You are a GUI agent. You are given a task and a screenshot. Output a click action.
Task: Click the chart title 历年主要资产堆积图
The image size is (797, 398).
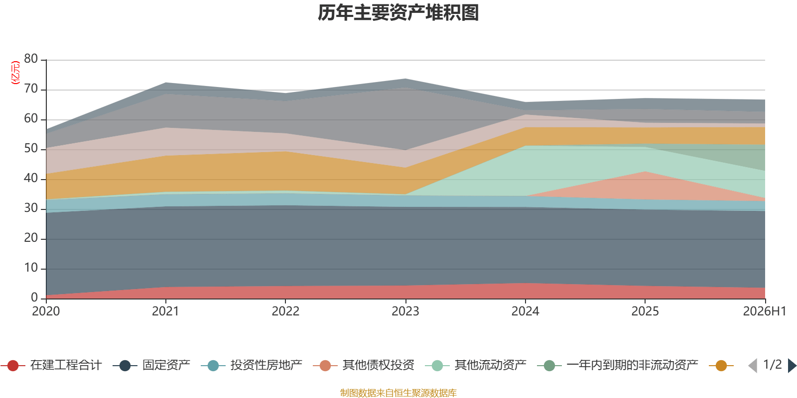(x=398, y=13)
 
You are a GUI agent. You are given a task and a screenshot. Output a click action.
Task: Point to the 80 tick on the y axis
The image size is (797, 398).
(x=31, y=59)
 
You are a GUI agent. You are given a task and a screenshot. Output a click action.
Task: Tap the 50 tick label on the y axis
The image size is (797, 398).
(x=31, y=148)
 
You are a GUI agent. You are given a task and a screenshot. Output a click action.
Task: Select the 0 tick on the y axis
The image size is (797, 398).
(x=34, y=298)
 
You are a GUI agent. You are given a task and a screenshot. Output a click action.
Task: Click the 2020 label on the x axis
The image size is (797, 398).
(x=46, y=311)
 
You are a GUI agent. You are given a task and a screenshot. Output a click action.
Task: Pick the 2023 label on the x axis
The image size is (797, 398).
(x=405, y=311)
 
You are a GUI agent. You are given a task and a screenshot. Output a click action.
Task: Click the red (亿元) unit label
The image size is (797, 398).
(x=15, y=73)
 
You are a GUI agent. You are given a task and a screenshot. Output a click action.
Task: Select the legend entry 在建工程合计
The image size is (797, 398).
(x=51, y=365)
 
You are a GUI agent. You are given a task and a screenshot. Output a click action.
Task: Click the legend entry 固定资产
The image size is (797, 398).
(x=151, y=365)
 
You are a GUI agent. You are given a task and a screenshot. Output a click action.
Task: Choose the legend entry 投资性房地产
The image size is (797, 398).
(x=252, y=365)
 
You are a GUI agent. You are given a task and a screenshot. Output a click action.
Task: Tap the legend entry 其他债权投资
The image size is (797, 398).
(x=364, y=365)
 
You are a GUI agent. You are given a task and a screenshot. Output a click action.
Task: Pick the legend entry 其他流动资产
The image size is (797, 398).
(x=476, y=365)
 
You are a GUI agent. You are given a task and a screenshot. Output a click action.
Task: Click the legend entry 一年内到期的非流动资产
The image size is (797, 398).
(x=618, y=365)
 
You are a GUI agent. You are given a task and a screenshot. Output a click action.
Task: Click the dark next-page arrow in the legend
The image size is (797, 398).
(x=792, y=365)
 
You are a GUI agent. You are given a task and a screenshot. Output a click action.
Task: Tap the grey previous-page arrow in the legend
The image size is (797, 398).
(x=753, y=365)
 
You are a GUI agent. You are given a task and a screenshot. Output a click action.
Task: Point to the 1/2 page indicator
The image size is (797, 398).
(x=773, y=365)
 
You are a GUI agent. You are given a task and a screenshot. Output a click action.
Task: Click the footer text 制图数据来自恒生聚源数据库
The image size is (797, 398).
(x=398, y=393)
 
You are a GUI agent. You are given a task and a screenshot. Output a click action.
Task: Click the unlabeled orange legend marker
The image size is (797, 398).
(x=721, y=365)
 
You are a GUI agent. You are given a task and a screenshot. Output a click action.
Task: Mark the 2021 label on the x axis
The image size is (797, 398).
(x=165, y=311)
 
